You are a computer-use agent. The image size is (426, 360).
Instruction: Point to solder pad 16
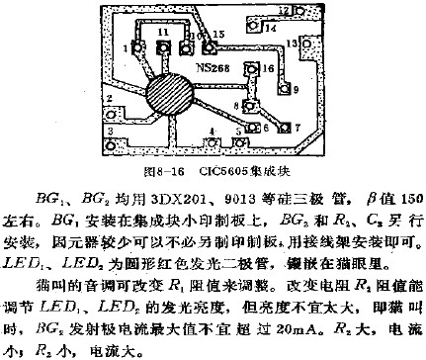pyautogui.click(x=253, y=71)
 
